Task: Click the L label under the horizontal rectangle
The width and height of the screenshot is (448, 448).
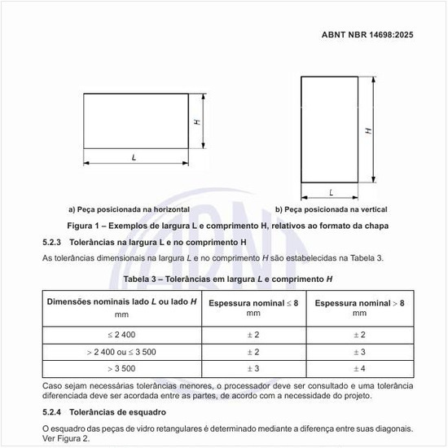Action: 134,156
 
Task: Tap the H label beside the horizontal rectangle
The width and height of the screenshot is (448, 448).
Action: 197,121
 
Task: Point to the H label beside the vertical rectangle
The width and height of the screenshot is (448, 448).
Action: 369,130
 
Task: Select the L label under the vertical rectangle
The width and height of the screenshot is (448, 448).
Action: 332,192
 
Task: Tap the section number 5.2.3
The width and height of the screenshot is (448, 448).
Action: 55,242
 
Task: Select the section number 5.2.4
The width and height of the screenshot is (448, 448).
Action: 55,412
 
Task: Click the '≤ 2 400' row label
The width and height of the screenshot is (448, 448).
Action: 122,335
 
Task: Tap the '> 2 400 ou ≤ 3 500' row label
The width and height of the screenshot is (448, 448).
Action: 121,352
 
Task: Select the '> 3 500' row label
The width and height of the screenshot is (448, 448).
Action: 122,369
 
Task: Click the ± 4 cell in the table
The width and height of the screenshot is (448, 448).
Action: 359,369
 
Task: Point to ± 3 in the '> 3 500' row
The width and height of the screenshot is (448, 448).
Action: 253,369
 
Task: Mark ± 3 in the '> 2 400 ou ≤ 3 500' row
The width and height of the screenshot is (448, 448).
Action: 359,352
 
